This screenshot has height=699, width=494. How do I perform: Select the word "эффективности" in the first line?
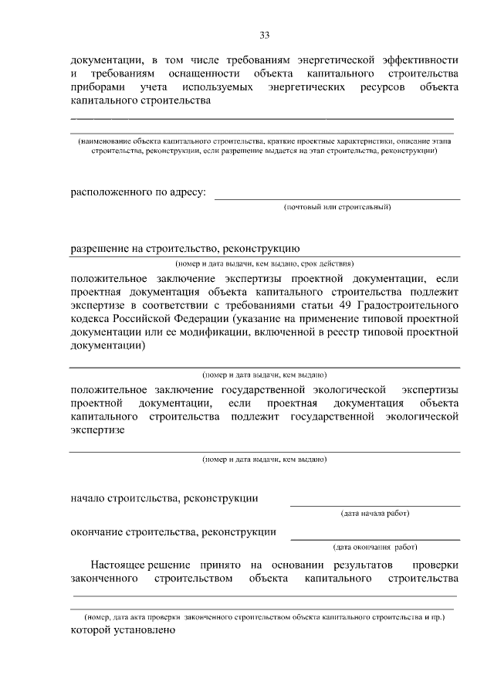(x=421, y=59)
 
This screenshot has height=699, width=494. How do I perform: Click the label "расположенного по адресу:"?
(x=138, y=192)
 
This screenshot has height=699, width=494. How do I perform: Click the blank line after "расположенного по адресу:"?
(x=337, y=198)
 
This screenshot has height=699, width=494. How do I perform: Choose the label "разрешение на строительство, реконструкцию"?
(x=184, y=249)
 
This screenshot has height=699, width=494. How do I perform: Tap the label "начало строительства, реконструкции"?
(x=164, y=498)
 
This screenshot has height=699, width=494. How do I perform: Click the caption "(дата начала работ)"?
(x=375, y=513)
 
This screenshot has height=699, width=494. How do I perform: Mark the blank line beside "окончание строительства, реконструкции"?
(x=375, y=538)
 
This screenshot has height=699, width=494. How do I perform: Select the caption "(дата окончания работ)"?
(x=375, y=547)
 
